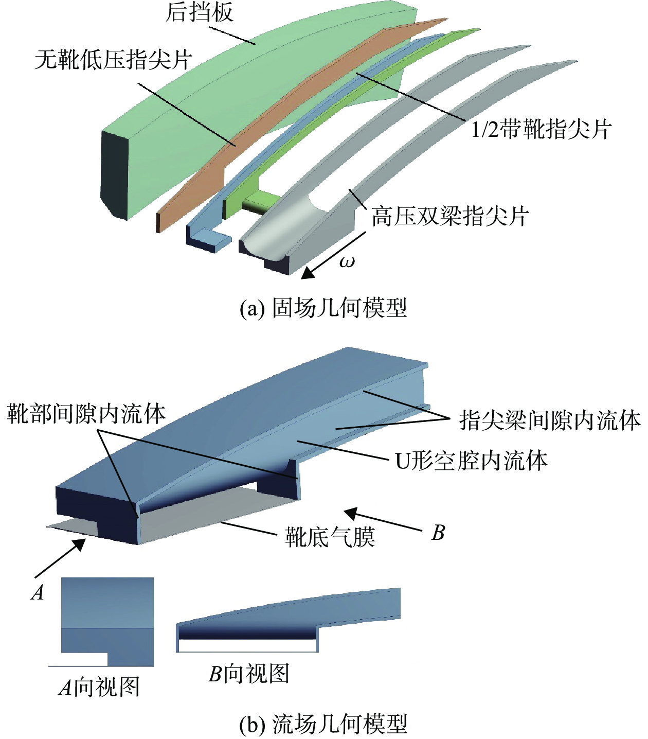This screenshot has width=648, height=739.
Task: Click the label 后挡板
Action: (199, 13)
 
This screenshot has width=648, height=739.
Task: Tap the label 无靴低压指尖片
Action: (113, 60)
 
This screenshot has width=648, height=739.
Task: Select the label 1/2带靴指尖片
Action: (541, 129)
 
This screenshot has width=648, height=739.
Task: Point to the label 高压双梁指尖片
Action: (450, 216)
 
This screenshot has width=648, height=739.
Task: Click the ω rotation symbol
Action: (347, 261)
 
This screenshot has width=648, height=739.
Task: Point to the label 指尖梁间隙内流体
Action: (550, 420)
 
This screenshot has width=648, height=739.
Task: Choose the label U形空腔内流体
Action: (472, 461)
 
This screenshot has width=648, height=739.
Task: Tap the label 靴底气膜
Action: (330, 537)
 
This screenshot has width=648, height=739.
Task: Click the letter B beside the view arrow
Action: (438, 533)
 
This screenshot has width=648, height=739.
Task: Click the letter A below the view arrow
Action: (37, 592)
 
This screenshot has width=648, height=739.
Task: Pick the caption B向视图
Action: (249, 673)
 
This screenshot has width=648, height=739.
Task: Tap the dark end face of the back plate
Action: (115, 175)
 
